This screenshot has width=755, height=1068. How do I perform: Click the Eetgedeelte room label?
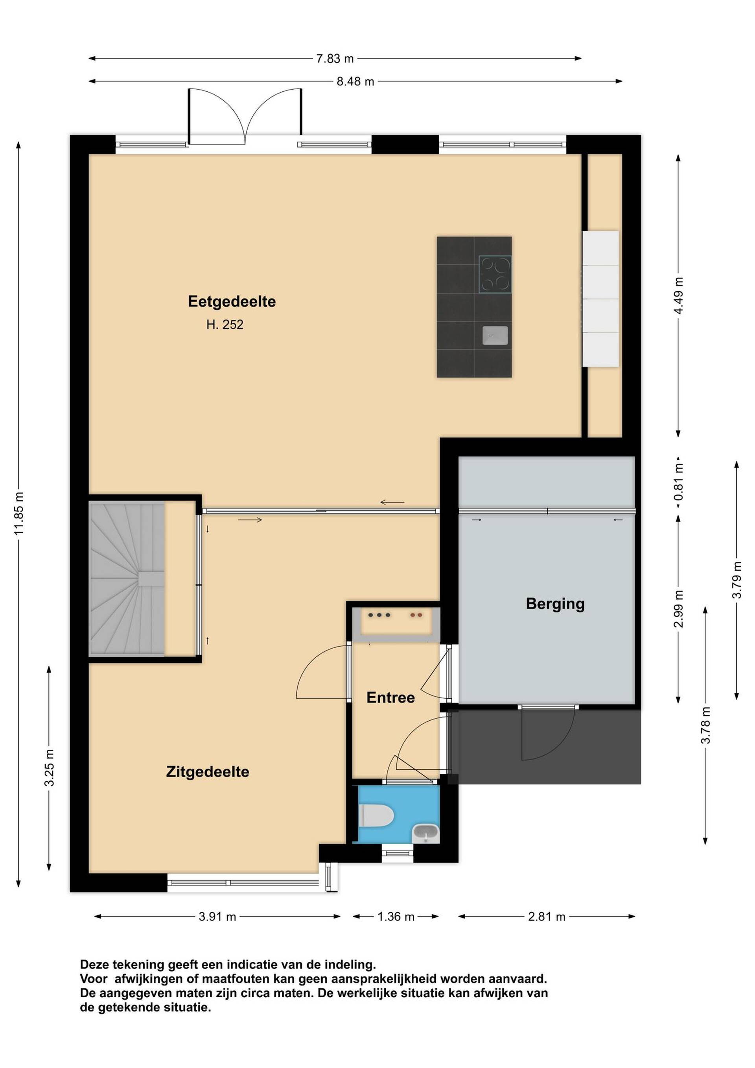[x=232, y=301]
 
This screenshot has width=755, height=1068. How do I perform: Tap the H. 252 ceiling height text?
[x=225, y=324]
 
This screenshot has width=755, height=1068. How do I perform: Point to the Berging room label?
[x=555, y=604]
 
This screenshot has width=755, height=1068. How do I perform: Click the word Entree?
[x=390, y=697]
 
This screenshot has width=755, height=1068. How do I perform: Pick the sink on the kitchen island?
[x=495, y=336]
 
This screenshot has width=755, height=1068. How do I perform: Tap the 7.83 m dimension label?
[x=335, y=59]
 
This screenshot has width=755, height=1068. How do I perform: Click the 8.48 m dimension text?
[x=355, y=81]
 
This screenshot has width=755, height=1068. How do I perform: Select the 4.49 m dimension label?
[x=678, y=295]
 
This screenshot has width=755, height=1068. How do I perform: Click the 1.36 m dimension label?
[x=396, y=917]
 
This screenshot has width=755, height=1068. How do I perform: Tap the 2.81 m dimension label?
[x=547, y=917]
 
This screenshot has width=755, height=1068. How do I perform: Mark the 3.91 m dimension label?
[x=217, y=917]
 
